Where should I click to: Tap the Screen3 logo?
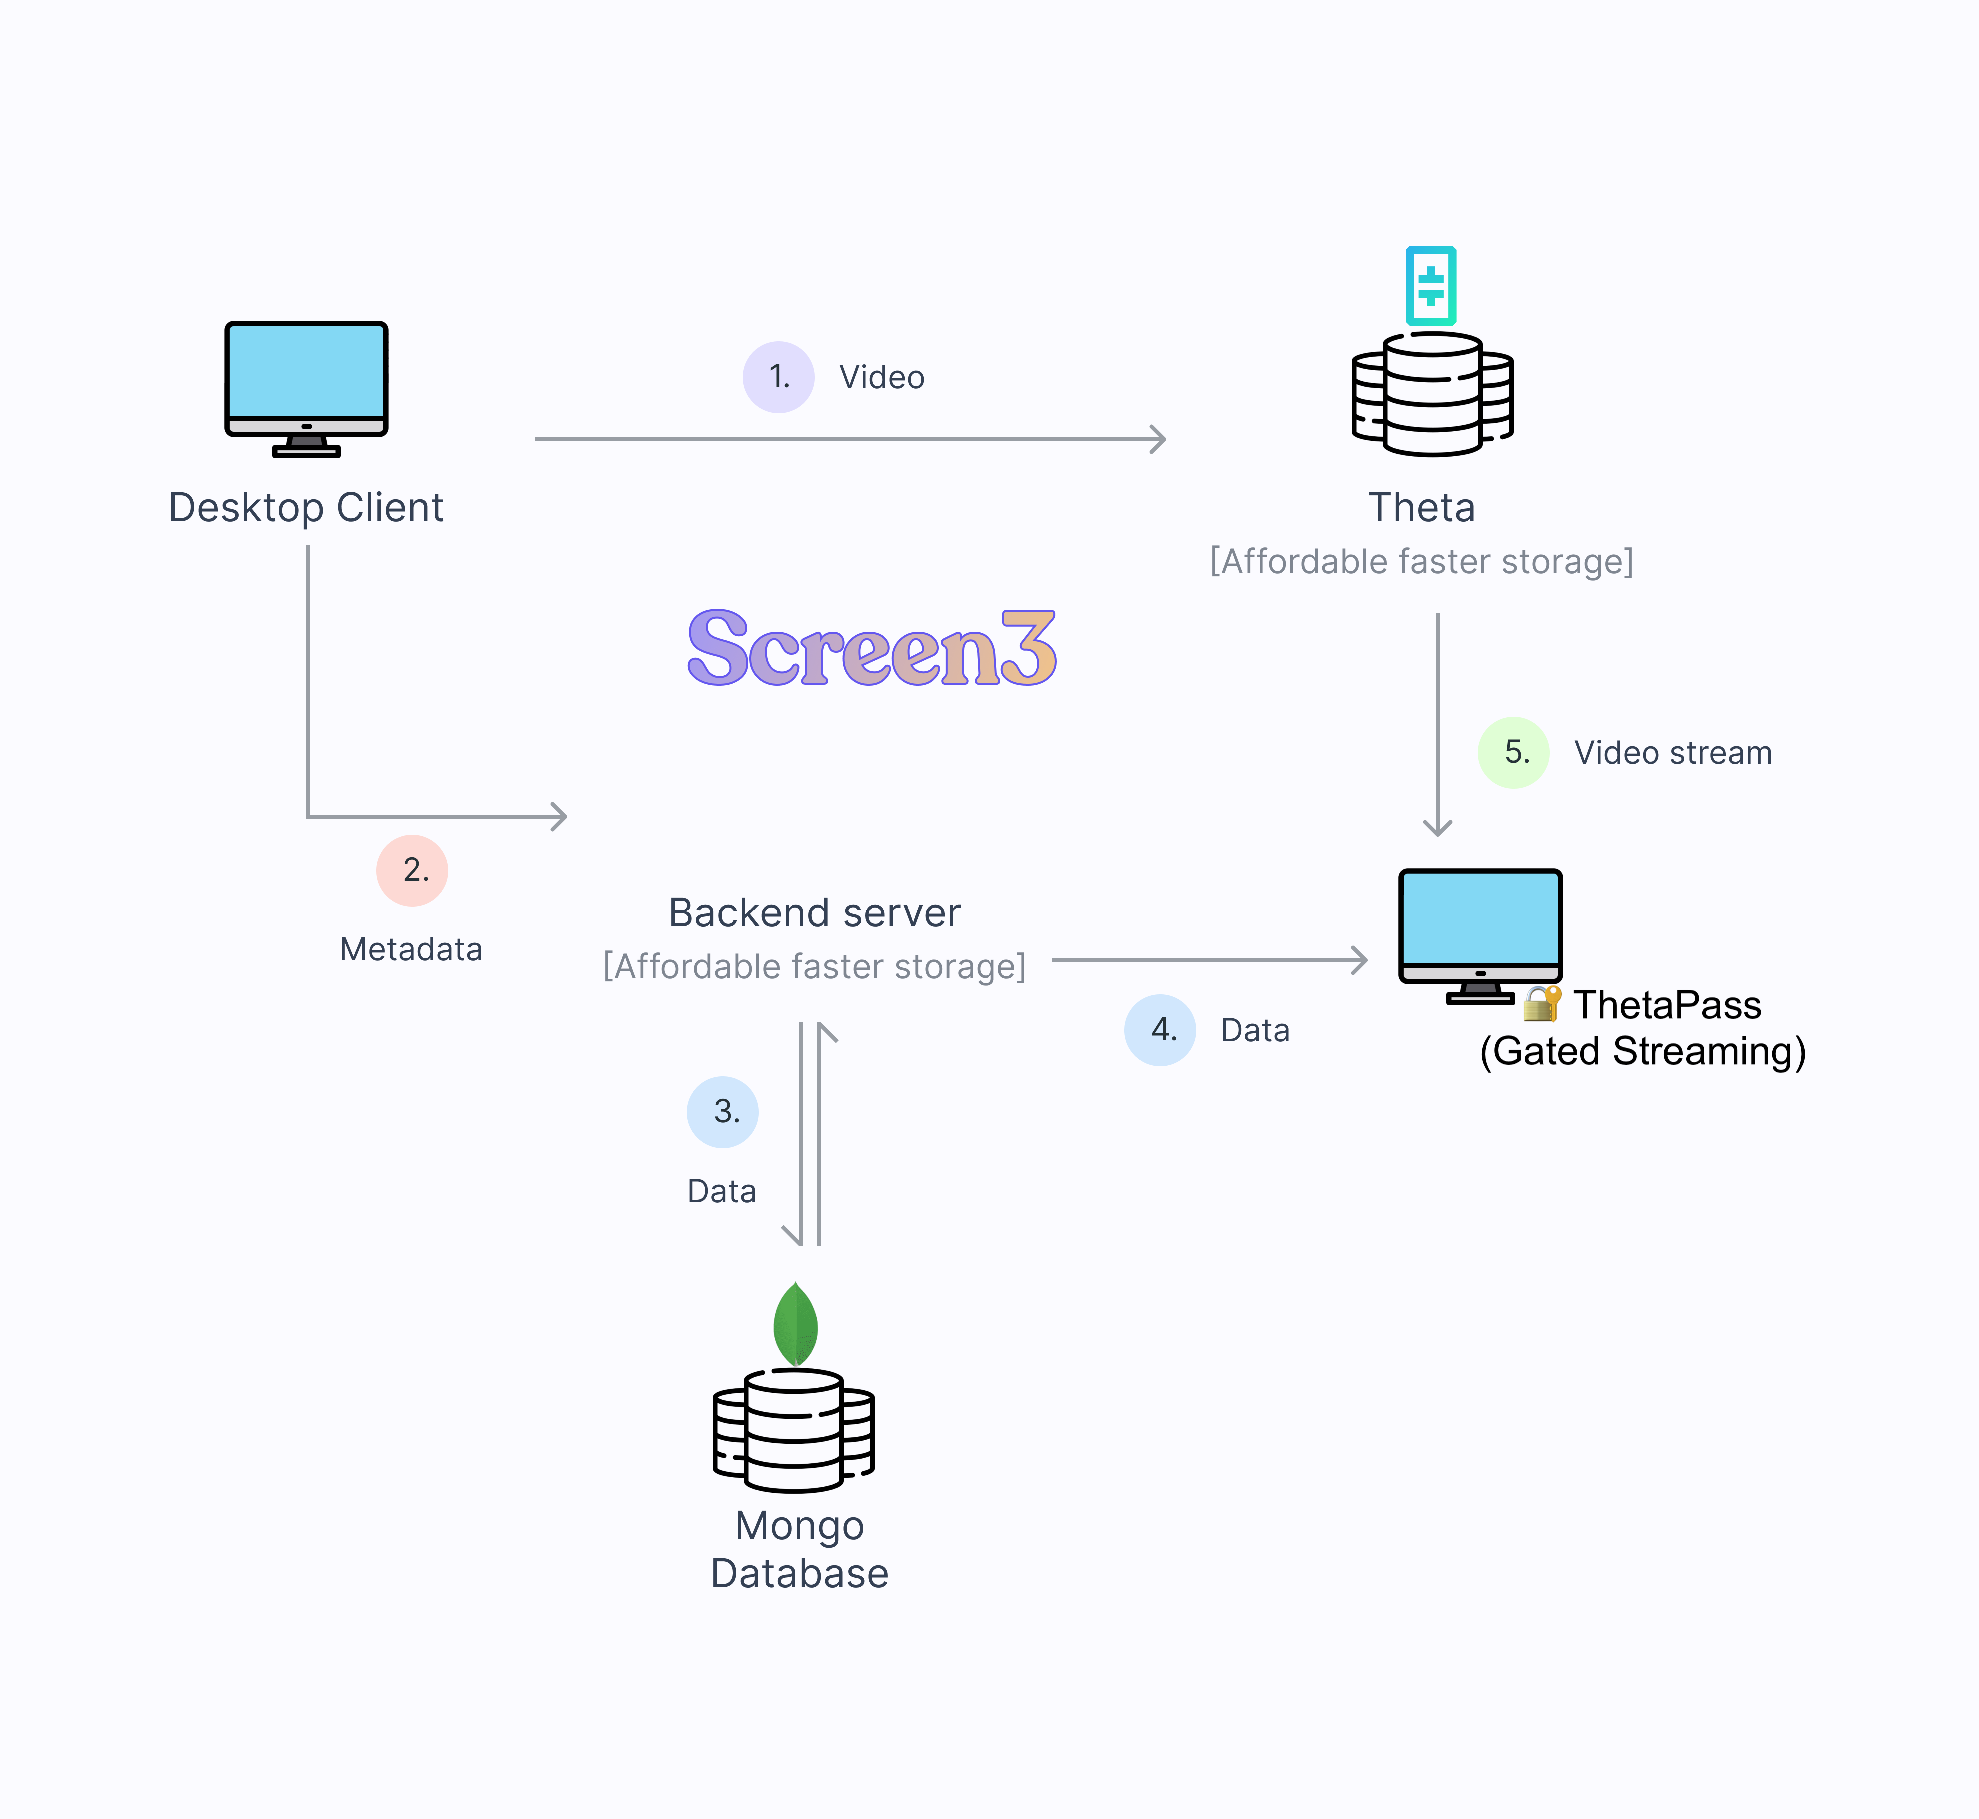pyautogui.click(x=871, y=647)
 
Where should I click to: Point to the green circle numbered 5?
pyautogui.click(x=1513, y=753)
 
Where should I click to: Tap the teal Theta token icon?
pyautogui.click(x=1431, y=286)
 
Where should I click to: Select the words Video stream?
pyautogui.click(x=1673, y=753)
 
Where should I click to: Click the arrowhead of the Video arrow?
pyautogui.click(x=1160, y=439)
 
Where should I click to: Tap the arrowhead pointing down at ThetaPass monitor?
pyautogui.click(x=1437, y=827)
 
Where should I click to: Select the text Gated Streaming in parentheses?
pyautogui.click(x=1643, y=1051)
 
